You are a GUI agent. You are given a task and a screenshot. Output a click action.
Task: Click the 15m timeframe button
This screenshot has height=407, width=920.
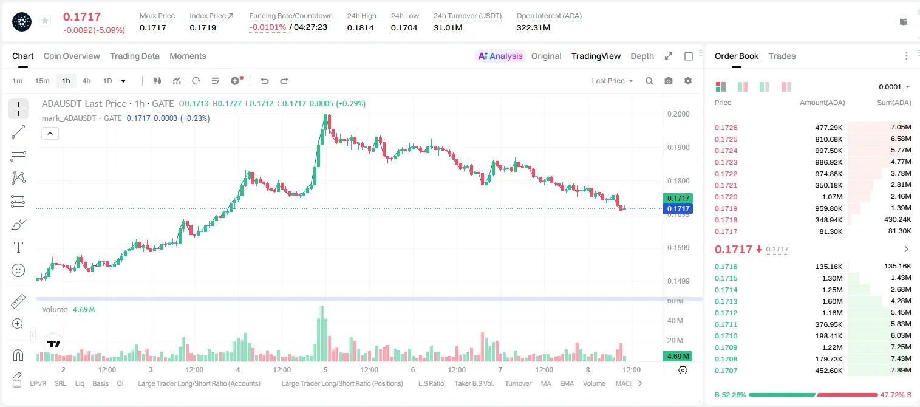43,81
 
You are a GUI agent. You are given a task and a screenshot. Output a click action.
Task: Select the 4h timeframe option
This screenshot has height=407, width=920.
86,81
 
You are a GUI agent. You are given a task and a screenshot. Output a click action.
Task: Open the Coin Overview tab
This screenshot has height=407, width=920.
72,56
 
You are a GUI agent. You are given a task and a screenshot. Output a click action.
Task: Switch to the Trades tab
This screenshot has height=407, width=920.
782,56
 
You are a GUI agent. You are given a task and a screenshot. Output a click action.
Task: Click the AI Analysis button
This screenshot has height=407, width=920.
500,56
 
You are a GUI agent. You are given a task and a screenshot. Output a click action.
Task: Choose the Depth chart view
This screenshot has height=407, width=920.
642,56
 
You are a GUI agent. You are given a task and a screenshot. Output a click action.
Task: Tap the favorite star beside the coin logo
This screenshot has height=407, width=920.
45,21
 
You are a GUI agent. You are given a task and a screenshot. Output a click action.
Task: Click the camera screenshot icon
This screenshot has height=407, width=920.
669,81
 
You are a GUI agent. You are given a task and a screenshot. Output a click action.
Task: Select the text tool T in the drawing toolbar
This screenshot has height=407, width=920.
18,247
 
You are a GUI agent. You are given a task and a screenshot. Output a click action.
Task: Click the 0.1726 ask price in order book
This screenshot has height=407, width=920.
726,128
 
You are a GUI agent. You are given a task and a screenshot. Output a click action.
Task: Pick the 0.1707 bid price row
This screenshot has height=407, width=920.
726,371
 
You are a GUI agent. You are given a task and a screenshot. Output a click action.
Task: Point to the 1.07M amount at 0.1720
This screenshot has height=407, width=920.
832,197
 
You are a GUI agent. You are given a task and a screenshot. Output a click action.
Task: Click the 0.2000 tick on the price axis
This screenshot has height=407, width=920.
678,114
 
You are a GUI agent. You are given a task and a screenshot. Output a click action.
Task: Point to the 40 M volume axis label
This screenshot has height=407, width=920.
675,320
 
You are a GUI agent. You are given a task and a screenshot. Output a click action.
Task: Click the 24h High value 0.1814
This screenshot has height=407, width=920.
360,27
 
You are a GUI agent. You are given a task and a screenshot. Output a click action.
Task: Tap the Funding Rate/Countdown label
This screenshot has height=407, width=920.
291,16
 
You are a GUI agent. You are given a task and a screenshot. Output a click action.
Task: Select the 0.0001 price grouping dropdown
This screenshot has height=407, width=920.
894,87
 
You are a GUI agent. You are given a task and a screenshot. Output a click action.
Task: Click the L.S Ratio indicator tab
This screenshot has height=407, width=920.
431,383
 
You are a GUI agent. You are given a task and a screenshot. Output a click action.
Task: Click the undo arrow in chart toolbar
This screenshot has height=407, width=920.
265,81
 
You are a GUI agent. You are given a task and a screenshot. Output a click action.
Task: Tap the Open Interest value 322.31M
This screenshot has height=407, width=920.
533,27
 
